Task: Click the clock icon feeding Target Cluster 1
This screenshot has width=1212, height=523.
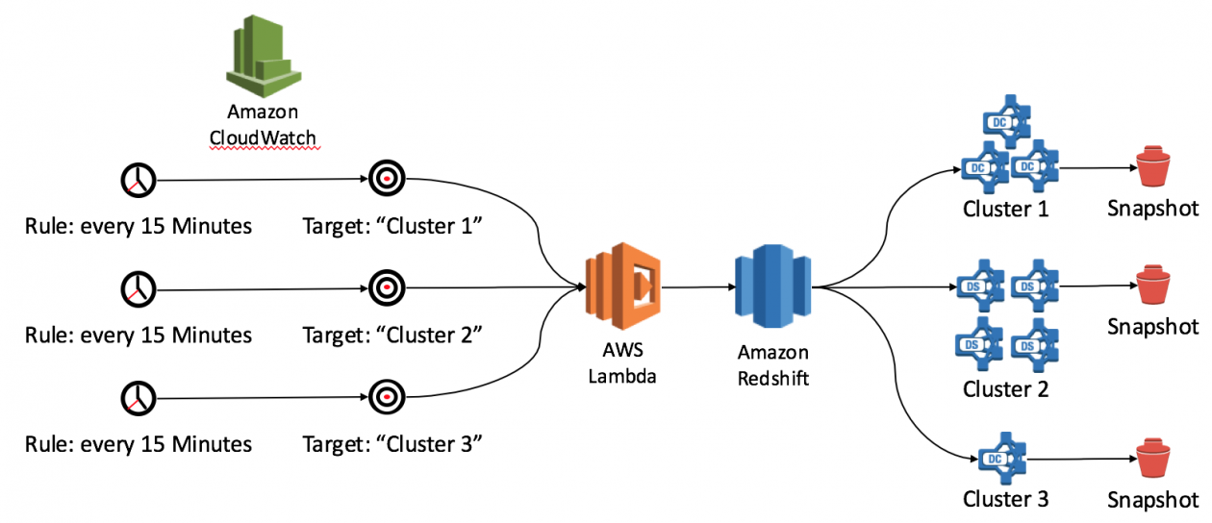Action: [x=139, y=179]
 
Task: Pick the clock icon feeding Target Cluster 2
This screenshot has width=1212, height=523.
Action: [x=139, y=287]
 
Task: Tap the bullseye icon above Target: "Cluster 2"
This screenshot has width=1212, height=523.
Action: [x=387, y=286]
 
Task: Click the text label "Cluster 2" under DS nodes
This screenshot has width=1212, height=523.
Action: [x=1004, y=389]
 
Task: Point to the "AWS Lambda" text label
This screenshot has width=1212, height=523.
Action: [x=622, y=365]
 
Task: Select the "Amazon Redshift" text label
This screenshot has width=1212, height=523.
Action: [x=772, y=365]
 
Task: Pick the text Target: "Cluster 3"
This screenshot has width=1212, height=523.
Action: [x=391, y=443]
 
